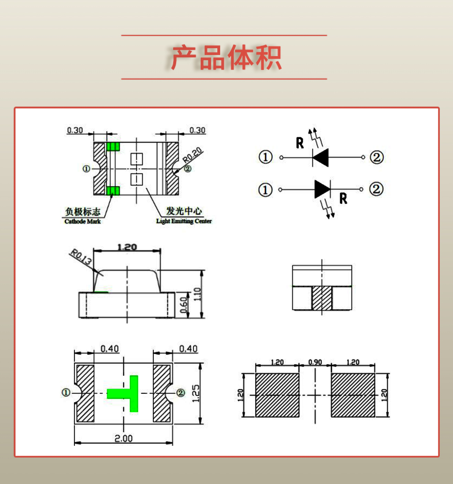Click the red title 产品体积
[x=226, y=57]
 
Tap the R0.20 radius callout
[x=192, y=155]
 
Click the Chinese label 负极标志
[x=83, y=211]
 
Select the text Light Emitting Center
[x=184, y=221]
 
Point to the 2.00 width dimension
[x=123, y=438]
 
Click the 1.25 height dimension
[x=196, y=393]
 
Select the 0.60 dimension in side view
[x=184, y=305]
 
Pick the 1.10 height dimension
[x=197, y=294]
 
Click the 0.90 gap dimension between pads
[x=315, y=362]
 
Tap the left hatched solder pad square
[x=277, y=395]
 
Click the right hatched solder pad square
[x=353, y=395]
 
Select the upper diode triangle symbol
[x=321, y=158]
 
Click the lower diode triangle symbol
[x=322, y=189]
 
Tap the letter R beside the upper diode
[x=300, y=143]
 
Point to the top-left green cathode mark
[x=113, y=147]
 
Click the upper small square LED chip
[x=137, y=159]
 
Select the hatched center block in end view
[x=322, y=298]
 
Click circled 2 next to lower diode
[x=376, y=189]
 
